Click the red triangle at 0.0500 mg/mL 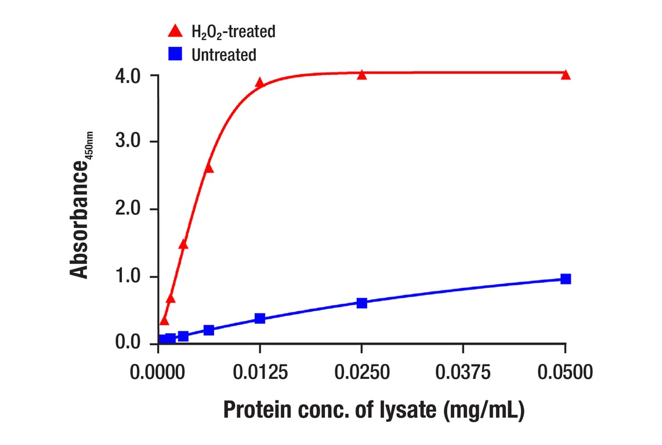[x=566, y=75]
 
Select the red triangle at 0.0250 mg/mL [x=362, y=75]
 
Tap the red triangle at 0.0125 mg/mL [x=259, y=83]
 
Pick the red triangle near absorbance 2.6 [x=209, y=169]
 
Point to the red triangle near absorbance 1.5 [x=183, y=245]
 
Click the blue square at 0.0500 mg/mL [x=566, y=279]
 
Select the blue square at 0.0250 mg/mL [x=362, y=302]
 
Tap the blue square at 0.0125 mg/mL [x=260, y=318]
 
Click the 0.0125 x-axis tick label [x=259, y=372]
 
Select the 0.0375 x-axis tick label [x=462, y=372]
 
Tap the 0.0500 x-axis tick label [x=564, y=372]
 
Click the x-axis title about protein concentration [x=374, y=410]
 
